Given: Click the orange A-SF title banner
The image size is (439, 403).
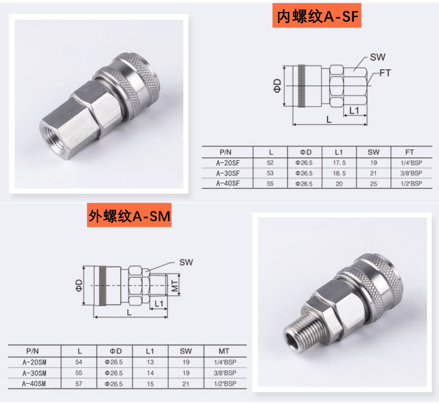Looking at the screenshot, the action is pyautogui.click(x=317, y=16).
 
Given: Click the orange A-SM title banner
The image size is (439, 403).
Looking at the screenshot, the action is pyautogui.click(x=129, y=215).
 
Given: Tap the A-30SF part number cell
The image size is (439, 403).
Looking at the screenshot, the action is pyautogui.click(x=228, y=173).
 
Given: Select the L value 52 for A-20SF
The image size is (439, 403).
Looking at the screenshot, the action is pyautogui.click(x=270, y=163).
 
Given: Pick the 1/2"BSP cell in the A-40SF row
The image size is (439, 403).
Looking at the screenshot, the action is pyautogui.click(x=411, y=183).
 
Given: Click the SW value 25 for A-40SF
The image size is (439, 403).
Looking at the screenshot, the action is pyautogui.click(x=374, y=184).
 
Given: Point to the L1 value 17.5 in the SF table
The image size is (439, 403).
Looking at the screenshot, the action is pyautogui.click(x=339, y=163).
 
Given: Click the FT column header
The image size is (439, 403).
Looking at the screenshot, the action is pyautogui.click(x=409, y=152).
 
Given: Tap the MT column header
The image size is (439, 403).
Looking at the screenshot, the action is pyautogui.click(x=224, y=351).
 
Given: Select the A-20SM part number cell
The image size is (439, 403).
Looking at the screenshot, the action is pyautogui.click(x=34, y=362).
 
